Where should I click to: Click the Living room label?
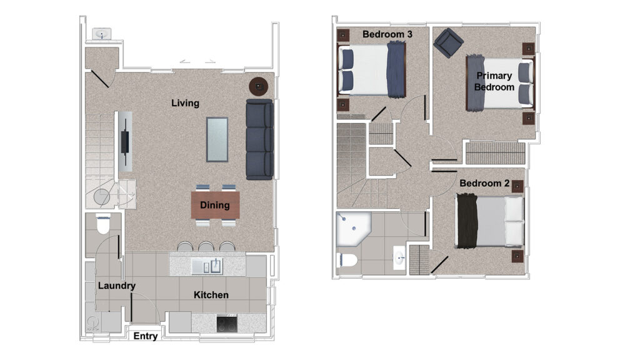[185, 103]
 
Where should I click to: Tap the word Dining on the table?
[215, 205]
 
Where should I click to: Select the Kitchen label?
[211, 295]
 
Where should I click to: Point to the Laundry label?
[117, 286]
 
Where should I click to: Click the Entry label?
[146, 336]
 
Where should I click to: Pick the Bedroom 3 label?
[387, 34]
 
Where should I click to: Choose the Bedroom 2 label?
[484, 183]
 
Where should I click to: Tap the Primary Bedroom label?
[494, 81]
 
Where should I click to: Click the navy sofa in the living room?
[259, 139]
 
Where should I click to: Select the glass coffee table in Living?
[217, 139]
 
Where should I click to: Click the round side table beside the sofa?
[259, 86]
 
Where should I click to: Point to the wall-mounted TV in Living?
[124, 141]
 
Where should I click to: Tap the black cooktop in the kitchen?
[227, 324]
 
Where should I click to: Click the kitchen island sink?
[207, 266]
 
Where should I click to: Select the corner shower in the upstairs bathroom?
[354, 228]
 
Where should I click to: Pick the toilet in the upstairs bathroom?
[347, 260]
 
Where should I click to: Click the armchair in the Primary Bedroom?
[448, 42]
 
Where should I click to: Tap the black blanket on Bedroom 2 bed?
[467, 221]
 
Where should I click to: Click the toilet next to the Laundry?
[103, 224]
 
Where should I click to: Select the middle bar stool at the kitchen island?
[206, 246]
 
